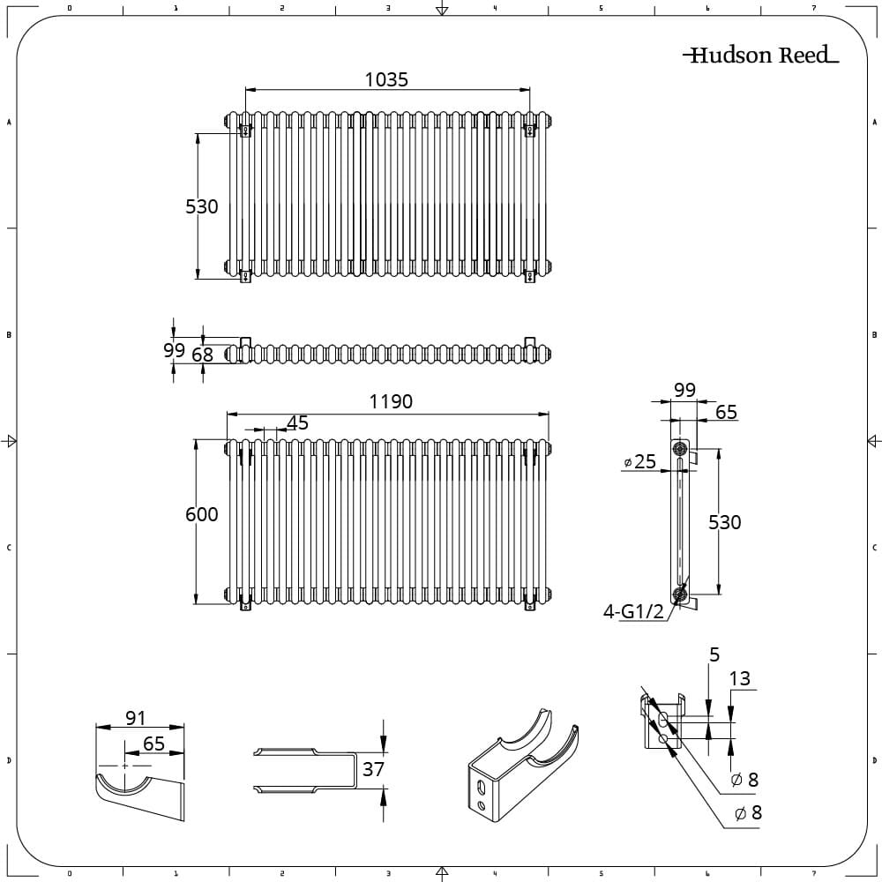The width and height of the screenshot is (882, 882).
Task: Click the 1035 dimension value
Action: pos(386,79)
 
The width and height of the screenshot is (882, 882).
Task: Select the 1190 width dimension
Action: pos(391,402)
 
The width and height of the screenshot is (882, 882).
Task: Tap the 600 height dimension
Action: pos(201,514)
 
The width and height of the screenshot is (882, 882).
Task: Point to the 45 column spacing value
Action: pos(298,423)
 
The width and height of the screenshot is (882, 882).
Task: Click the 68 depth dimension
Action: pos(203,355)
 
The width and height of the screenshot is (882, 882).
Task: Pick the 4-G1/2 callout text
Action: pos(633,611)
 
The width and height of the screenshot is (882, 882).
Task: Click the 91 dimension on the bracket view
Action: pos(135,719)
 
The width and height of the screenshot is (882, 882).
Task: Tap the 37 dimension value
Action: pos(373,769)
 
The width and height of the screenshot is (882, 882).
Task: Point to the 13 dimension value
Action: pos(740,678)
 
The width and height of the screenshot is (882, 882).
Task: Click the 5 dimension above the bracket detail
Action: pos(714,654)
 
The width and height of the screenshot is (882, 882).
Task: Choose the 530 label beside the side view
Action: pos(725,522)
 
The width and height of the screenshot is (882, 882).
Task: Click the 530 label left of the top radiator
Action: pos(201,206)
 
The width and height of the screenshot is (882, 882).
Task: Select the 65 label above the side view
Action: pos(726,412)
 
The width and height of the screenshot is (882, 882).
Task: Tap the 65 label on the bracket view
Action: pos(153,744)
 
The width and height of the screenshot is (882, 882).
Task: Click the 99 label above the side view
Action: pos(684,390)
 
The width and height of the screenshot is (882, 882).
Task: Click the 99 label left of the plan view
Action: pos(174,350)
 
